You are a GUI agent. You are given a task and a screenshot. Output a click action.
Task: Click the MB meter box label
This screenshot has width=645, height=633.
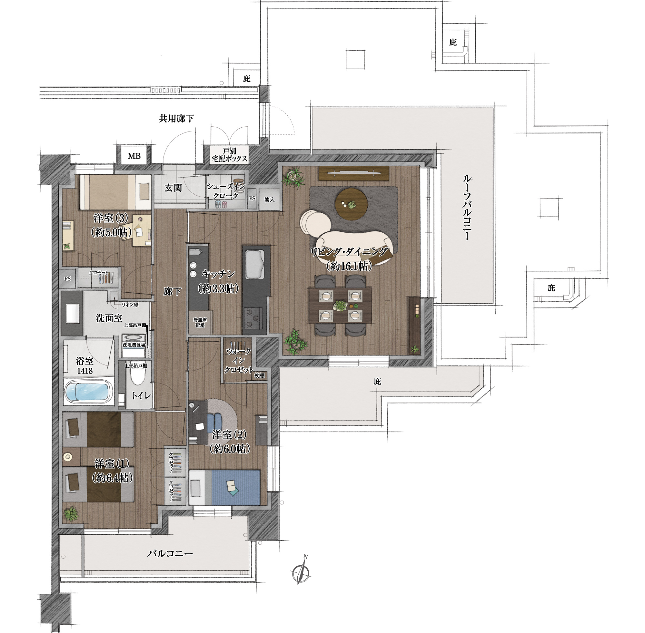(x=134, y=156)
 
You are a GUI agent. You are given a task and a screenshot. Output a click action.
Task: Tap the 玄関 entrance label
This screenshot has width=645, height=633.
(x=173, y=188)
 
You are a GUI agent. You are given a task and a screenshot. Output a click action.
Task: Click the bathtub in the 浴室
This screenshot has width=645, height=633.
(x=88, y=392)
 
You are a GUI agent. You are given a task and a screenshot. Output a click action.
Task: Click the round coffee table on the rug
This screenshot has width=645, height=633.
(x=351, y=204)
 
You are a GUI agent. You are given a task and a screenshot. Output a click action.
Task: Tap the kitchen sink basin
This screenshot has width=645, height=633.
(x=255, y=265)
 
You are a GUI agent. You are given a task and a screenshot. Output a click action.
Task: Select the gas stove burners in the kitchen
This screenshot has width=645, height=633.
(x=253, y=318)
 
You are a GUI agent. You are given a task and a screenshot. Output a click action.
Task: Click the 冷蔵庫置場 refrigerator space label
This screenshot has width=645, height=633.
(x=200, y=323)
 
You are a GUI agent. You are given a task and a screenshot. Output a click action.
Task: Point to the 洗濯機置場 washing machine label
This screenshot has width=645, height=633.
(x=134, y=345)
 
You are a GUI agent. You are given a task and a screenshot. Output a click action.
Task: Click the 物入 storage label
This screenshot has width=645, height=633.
(x=269, y=200)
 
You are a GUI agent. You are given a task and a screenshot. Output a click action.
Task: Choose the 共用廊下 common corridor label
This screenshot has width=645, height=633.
(x=176, y=118)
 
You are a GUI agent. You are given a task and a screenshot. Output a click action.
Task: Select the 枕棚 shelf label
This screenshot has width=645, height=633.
(x=260, y=375)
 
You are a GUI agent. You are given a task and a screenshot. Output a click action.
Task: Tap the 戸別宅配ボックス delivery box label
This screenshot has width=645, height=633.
(x=230, y=155)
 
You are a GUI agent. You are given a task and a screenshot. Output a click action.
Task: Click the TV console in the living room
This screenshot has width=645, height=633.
(x=354, y=173)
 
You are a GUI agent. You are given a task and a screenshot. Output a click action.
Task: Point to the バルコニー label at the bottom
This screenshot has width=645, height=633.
(x=170, y=553)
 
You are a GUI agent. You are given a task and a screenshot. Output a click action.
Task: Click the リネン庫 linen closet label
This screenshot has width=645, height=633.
(x=130, y=304)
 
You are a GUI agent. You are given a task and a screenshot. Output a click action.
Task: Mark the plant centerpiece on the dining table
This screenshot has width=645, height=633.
(x=341, y=305)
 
